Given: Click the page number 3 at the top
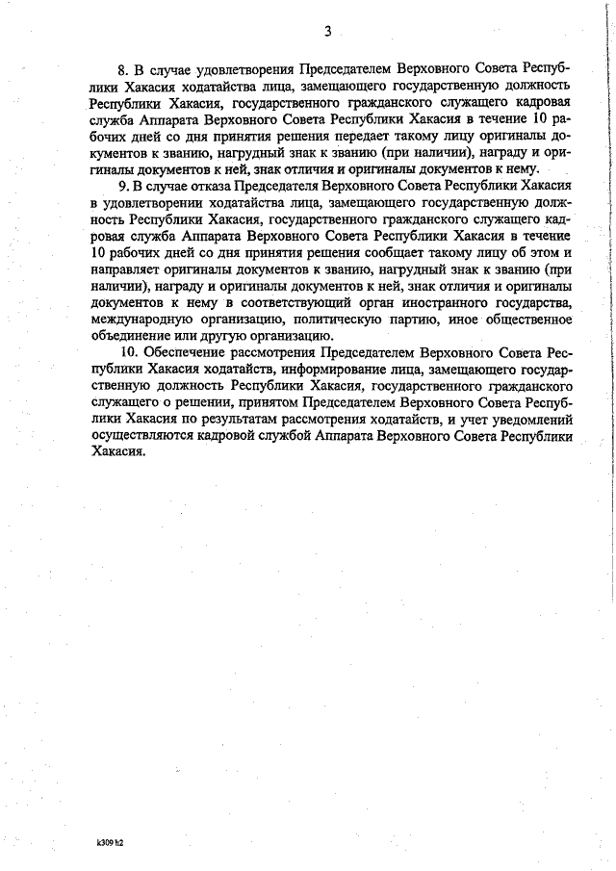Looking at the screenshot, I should pyautogui.click(x=327, y=31).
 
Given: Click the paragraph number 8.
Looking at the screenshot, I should pyautogui.click(x=122, y=70).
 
